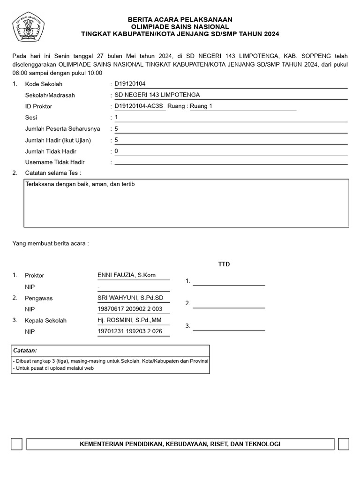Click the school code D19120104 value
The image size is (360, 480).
pos(130,84)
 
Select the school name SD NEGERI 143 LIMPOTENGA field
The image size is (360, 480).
pos(157,95)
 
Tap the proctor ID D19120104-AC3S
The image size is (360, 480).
pos(139,106)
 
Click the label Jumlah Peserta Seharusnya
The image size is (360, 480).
pos(62,129)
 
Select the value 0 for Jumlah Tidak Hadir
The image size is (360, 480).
pos(116,151)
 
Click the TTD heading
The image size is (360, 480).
pos(224,264)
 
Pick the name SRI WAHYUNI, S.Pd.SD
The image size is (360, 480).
pos(130,298)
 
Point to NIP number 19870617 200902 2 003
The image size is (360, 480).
pos(130,309)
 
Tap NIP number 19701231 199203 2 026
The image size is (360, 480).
pos(130,332)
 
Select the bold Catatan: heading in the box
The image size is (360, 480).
pos(25,351)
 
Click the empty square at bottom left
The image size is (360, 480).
pos(16,444)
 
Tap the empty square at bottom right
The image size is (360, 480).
pos(343,444)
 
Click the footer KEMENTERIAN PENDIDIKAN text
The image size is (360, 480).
pos(180,444)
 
